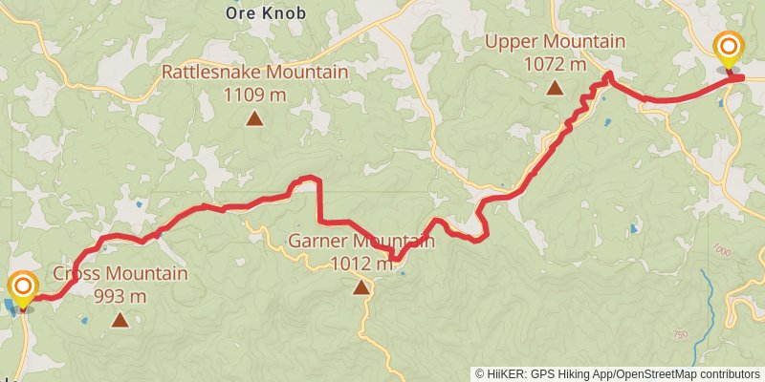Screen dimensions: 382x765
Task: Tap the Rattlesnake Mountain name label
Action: pos(254,73)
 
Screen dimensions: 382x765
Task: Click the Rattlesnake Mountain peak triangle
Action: pos(254,118)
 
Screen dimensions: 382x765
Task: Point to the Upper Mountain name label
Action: pos(555,42)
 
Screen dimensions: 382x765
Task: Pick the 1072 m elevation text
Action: pos(555,65)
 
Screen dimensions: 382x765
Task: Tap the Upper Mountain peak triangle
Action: pos(555,89)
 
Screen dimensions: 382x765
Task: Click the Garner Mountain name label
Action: pos(361,242)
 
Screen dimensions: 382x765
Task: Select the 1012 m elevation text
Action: pos(361,264)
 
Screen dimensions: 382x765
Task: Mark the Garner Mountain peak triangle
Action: pos(361,286)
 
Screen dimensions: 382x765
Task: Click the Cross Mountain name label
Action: pos(120,274)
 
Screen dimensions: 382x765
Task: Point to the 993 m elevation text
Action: pos(120,296)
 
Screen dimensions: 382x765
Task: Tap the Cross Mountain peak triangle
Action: pos(120,320)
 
